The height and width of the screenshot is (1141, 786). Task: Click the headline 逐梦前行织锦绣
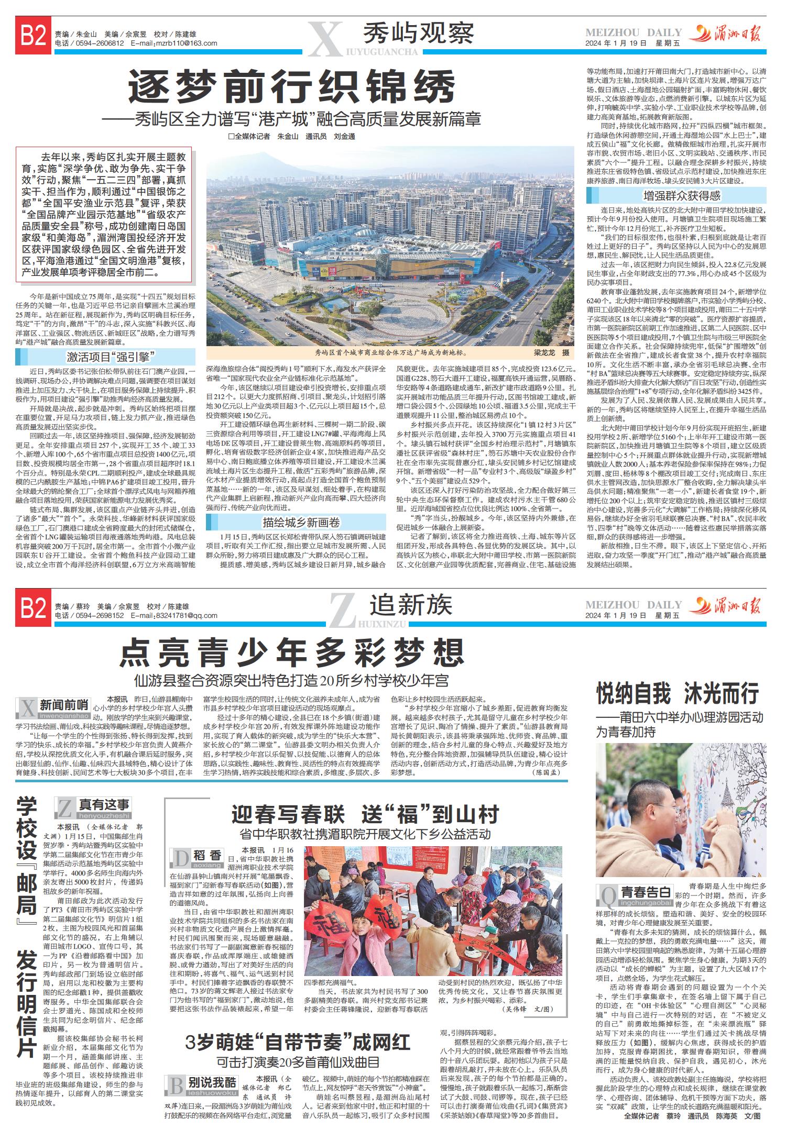(292, 87)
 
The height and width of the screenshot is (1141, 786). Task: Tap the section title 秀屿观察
(419, 33)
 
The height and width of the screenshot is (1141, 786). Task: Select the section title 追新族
(411, 606)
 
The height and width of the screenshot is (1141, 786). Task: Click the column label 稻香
(208, 856)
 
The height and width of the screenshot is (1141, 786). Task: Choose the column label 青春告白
(646, 892)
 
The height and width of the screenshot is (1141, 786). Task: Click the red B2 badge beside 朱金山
(33, 37)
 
